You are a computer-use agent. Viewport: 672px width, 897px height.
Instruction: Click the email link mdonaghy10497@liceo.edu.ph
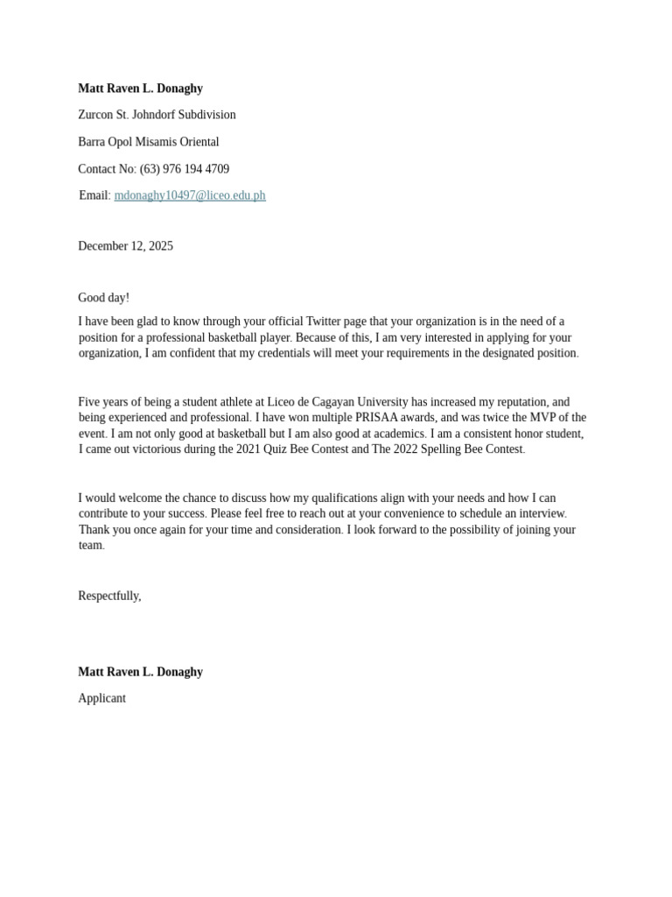(x=189, y=195)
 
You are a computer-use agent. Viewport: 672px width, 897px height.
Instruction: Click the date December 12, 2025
(x=125, y=246)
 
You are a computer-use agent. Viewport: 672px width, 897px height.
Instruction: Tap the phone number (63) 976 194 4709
(x=185, y=169)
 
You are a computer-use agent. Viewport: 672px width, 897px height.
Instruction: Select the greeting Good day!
(x=103, y=298)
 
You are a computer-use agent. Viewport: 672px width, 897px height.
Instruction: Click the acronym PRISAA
(x=379, y=418)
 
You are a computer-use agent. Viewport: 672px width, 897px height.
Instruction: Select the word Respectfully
(x=108, y=596)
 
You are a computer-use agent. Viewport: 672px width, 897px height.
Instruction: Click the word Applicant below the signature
(x=101, y=698)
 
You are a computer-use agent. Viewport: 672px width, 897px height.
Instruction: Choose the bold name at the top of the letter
(x=140, y=88)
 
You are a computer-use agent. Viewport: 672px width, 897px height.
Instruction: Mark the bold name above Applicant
(x=140, y=672)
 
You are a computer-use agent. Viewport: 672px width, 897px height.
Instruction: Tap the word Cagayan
(x=339, y=402)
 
